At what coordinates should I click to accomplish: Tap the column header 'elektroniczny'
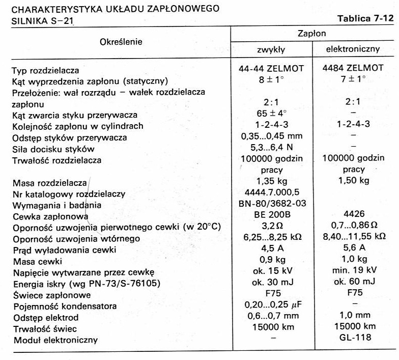[x=353, y=49]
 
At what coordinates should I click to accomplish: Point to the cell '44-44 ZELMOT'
[x=271, y=68]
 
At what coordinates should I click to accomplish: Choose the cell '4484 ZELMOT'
[x=353, y=68]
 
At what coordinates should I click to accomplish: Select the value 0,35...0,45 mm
[x=271, y=136]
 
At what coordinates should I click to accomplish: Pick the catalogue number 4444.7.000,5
[x=271, y=192]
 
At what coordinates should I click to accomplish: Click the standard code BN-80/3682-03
[x=271, y=204]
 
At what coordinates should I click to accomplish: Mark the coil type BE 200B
[x=271, y=215]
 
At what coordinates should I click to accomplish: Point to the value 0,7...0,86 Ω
[x=353, y=227]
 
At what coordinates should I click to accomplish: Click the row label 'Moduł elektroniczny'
[x=55, y=340]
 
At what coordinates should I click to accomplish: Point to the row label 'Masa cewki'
[x=38, y=261]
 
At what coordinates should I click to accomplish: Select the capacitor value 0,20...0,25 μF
[x=271, y=306]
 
